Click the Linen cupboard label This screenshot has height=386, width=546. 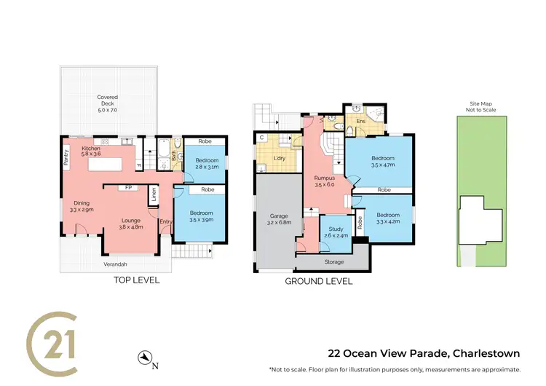coord(154,196)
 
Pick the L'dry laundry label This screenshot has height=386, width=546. coord(277,159)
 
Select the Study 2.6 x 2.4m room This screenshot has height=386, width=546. coord(333,232)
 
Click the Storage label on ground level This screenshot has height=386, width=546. coord(334,261)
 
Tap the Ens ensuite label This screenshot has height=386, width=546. coord(360,121)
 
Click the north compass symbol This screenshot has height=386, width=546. coord(146,358)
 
